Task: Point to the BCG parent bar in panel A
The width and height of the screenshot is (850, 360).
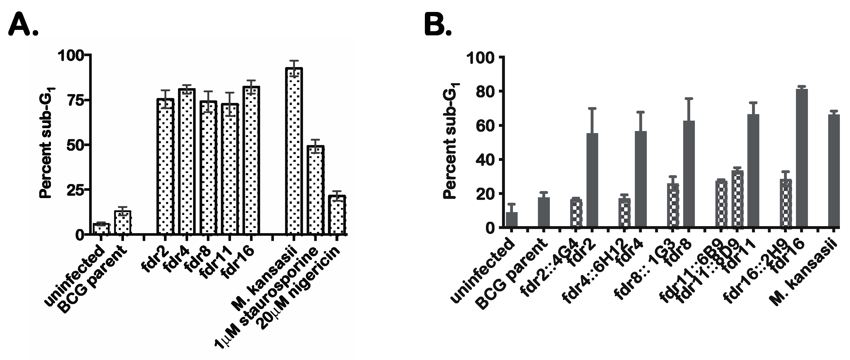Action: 123,222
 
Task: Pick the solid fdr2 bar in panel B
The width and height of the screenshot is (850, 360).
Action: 592,180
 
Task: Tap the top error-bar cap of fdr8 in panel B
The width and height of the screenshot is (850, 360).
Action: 689,98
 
